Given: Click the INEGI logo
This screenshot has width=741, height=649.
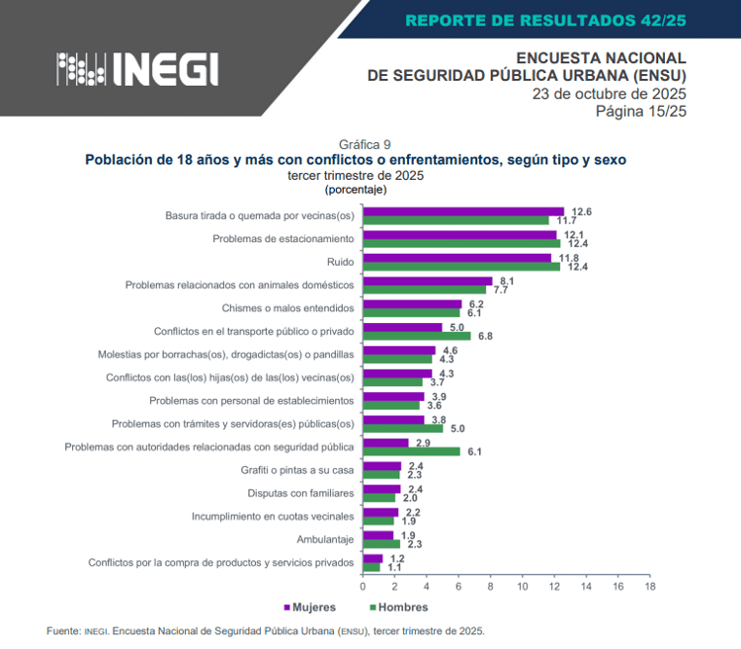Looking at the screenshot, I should pos(137,68).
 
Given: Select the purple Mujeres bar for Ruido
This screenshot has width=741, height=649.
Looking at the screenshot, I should pos(456,258).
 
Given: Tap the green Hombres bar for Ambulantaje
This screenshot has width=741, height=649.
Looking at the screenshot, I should pos(381,544).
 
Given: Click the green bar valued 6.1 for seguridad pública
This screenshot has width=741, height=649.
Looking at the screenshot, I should pos(411,451).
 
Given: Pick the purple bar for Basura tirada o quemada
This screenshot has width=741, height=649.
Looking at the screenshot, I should pos(463,211).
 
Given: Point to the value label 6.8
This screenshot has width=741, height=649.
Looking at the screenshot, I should pos(485,336).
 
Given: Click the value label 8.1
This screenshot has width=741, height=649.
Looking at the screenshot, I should pos(507,281).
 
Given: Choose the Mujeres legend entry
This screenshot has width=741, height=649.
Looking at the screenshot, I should pos(309,608).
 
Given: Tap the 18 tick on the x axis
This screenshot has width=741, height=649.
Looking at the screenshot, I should pos(649,587).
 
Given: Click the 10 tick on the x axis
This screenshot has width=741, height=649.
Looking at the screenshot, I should pos(523,587).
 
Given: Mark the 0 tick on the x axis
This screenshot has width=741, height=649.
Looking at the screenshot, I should pos(364,587).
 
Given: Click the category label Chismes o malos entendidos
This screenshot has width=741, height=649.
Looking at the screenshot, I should pos(288,308).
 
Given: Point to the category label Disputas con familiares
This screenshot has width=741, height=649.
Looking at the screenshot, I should pos(300,493).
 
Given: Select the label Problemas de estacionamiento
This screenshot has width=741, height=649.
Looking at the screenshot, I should pos(283,239).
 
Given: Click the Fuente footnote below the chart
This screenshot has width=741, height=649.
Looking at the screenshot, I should pos(266,630).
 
